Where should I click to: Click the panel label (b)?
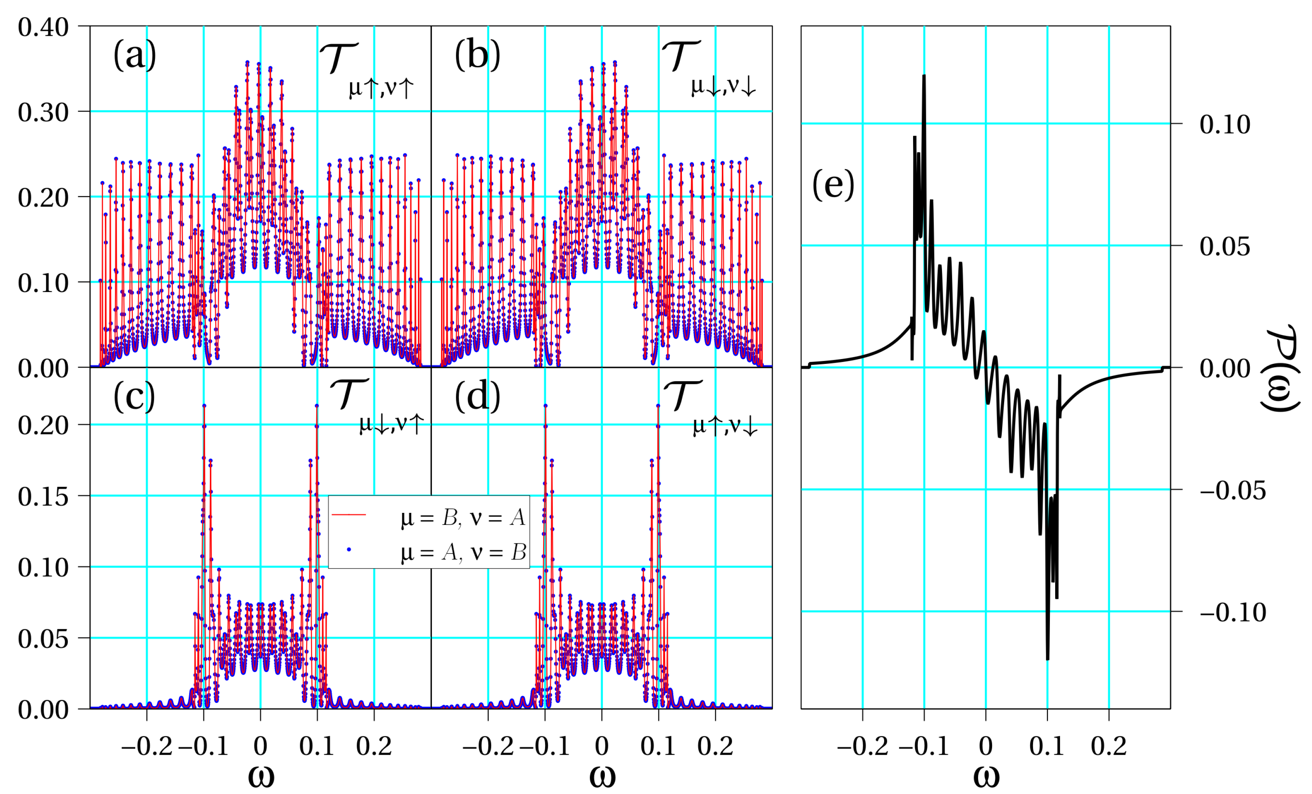tap(477, 55)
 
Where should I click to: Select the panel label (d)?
tap(477, 397)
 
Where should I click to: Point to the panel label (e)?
tap(833, 185)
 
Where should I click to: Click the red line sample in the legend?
tap(349, 515)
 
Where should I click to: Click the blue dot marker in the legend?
tap(349, 549)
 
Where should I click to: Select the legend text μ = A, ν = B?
tap(463, 552)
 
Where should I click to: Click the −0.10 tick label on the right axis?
tap(1233, 612)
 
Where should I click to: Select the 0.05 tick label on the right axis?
tap(1225, 246)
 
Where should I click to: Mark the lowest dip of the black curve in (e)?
tap(1048, 659)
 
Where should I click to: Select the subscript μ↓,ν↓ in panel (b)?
tap(723, 86)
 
